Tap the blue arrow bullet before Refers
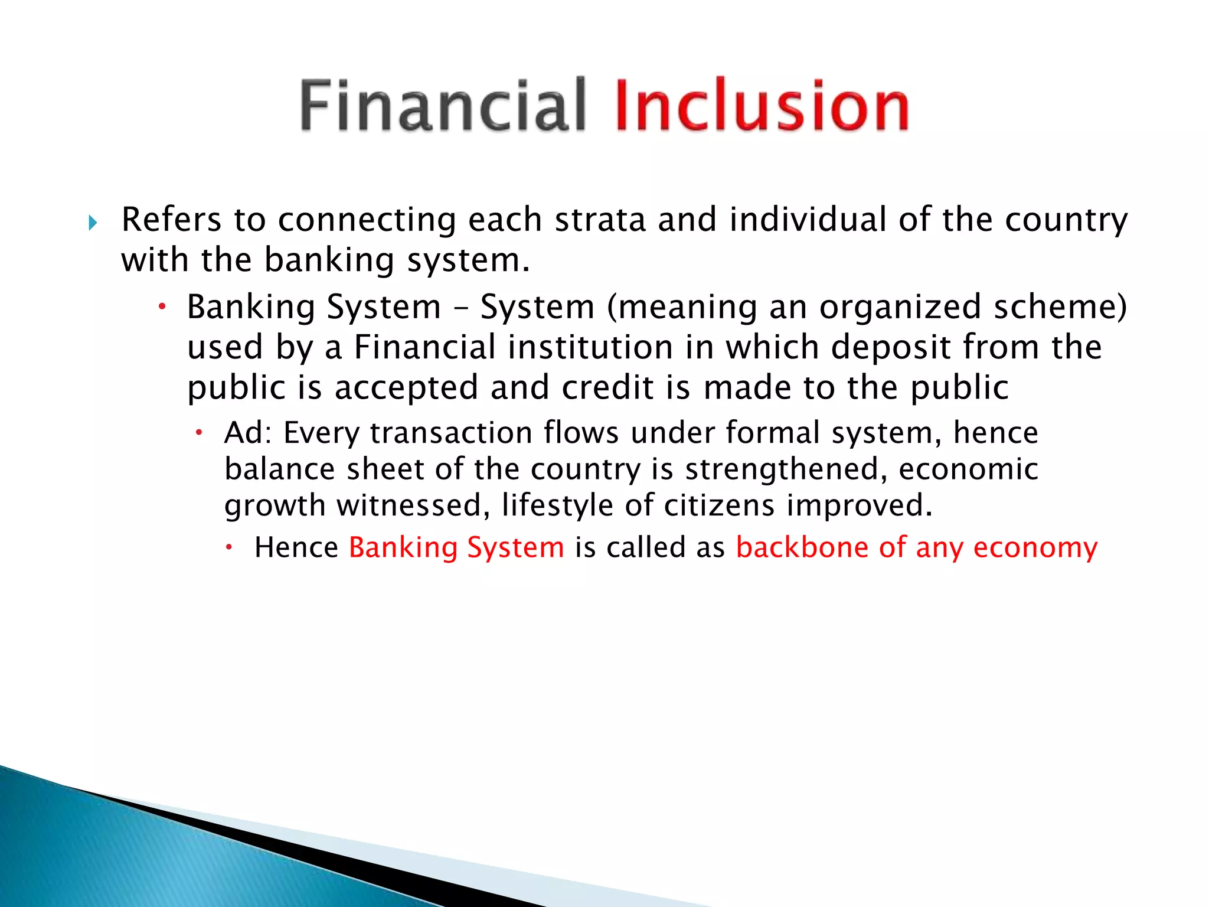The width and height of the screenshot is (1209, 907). point(93,223)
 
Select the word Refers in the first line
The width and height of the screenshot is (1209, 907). point(171,220)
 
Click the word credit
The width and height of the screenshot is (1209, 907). point(607,388)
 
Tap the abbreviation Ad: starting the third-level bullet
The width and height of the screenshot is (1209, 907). point(248,433)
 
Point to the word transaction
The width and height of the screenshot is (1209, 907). point(452,433)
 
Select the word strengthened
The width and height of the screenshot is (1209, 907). point(786,469)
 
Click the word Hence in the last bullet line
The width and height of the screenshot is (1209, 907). point(296,547)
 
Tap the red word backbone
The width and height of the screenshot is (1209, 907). point(802,547)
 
